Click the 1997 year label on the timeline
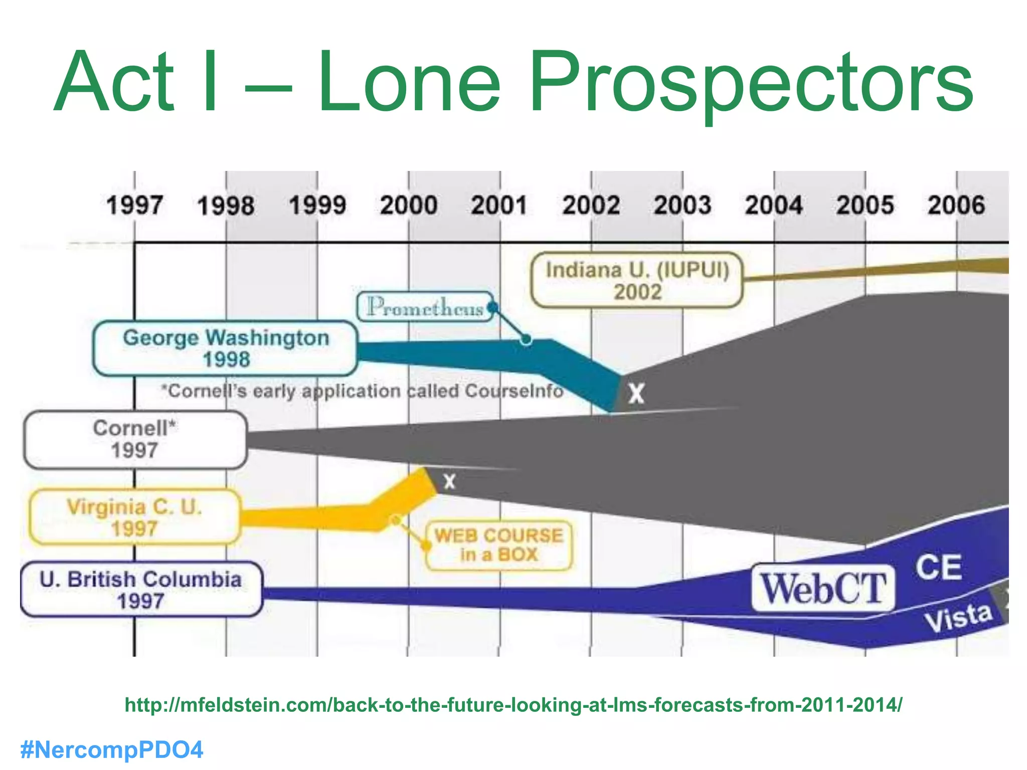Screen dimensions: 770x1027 pyautogui.click(x=134, y=206)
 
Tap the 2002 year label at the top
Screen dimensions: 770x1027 pyautogui.click(x=591, y=206)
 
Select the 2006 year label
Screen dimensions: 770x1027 pyautogui.click(x=956, y=206)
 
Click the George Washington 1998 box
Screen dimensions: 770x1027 pyautogui.click(x=226, y=348)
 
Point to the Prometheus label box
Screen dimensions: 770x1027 pyautogui.click(x=425, y=307)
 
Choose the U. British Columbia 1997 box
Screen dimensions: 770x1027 pyautogui.click(x=141, y=590)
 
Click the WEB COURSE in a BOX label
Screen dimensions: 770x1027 pyautogui.click(x=499, y=545)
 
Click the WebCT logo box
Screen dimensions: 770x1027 pyautogui.click(x=823, y=589)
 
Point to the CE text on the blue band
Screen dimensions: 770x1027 pyautogui.click(x=938, y=567)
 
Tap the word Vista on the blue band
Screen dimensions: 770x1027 pyautogui.click(x=958, y=618)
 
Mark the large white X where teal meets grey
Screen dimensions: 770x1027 pyautogui.click(x=636, y=394)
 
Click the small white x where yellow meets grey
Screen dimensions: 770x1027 pyautogui.click(x=449, y=481)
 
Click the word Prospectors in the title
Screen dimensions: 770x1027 pyautogui.click(x=751, y=83)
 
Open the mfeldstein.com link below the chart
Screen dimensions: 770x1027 pyautogui.click(x=513, y=705)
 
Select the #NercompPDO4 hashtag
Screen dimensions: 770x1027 pyautogui.click(x=111, y=750)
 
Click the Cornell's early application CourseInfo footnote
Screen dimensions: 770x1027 pyautogui.click(x=362, y=391)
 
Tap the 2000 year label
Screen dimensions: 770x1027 pyautogui.click(x=408, y=206)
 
